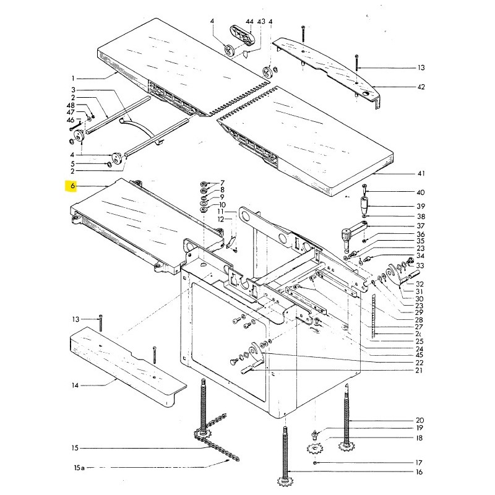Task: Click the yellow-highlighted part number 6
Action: (72, 186)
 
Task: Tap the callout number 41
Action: (421, 175)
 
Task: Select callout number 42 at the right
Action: (421, 87)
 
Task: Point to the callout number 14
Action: (75, 385)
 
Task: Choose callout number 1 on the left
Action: (72, 79)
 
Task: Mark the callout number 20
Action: (420, 420)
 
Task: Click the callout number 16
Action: (419, 472)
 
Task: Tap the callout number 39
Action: (421, 206)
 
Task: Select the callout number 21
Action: (419, 370)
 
